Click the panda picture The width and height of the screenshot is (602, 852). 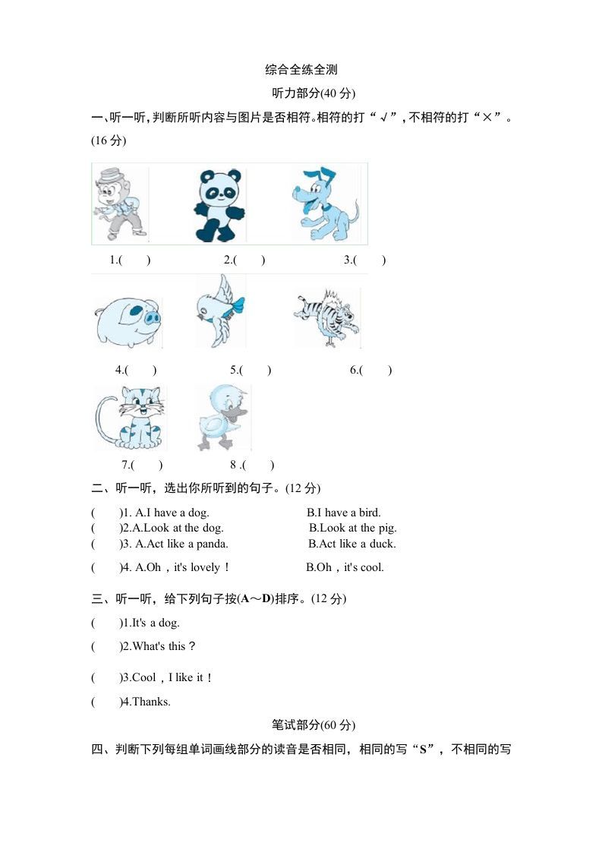coord(219,205)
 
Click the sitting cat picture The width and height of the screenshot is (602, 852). coord(131,418)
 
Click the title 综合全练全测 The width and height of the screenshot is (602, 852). coord(301,70)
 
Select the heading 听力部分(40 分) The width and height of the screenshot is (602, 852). coord(314,93)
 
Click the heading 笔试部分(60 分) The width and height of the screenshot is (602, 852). coord(313,724)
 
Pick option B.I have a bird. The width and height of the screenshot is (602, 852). coord(344,513)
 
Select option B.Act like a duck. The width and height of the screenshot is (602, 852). coord(351,544)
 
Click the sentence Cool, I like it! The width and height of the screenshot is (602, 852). coord(172,677)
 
